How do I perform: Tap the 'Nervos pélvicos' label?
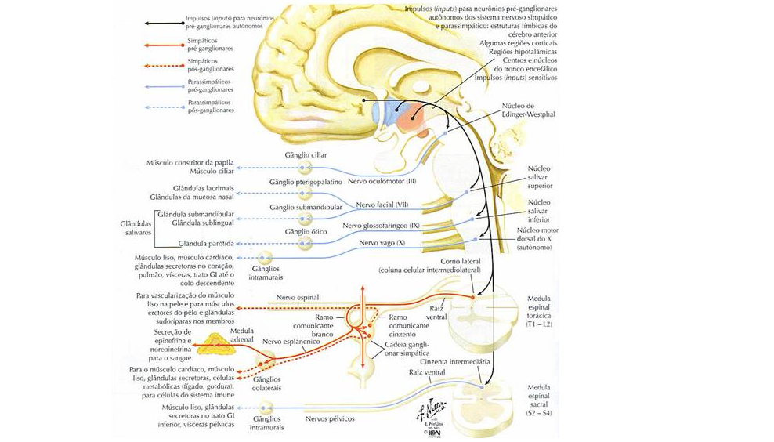[x=330, y=419]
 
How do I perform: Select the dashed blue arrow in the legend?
[x=161, y=106]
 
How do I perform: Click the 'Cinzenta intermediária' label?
[x=455, y=362]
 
